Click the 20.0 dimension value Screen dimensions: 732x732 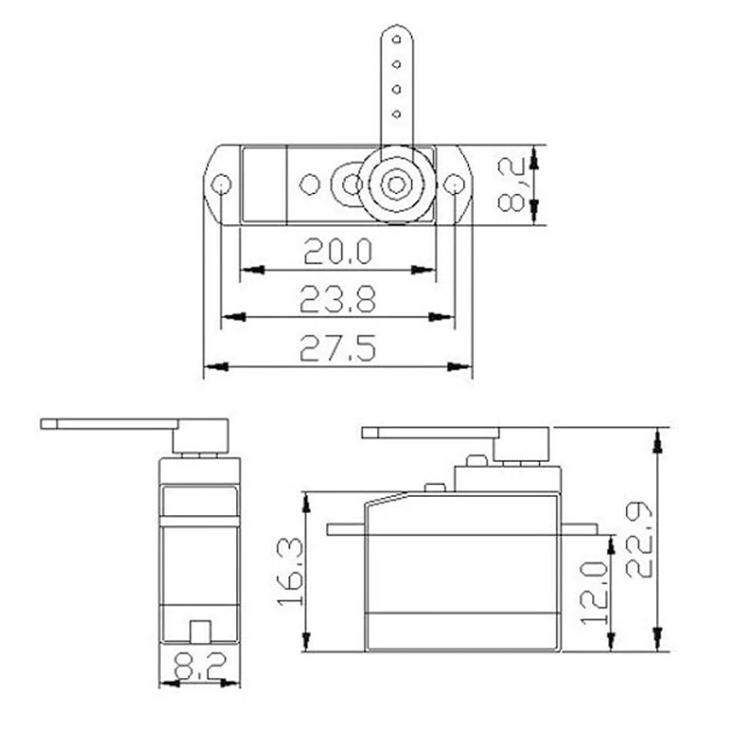[338, 251]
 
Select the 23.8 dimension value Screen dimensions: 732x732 [338, 297]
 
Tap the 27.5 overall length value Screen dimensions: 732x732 [338, 348]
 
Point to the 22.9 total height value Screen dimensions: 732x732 [641, 538]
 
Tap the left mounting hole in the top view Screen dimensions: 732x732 [221, 186]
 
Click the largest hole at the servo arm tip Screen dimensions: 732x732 [395, 40]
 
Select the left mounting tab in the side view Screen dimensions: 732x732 [346, 529]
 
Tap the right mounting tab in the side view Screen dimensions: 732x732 [579, 529]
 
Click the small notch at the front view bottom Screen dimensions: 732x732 [199, 632]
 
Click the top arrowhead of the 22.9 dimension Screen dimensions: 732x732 [657, 436]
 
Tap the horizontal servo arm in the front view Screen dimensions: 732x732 [110, 424]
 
